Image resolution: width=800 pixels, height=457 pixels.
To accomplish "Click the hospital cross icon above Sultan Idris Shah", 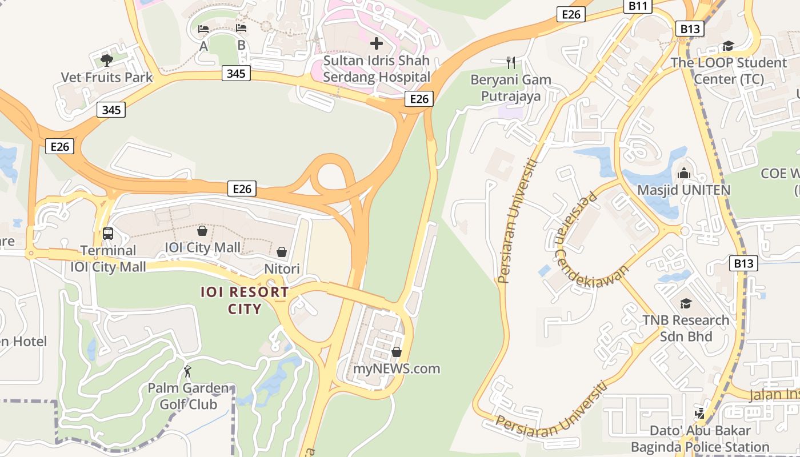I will point(376,43).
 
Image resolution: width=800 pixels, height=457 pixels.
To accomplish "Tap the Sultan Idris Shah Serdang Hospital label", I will point(377,69).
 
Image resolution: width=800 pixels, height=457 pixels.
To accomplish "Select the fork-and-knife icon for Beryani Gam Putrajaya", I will point(511,62).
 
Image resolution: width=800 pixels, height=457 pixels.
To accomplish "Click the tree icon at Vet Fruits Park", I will point(106,60).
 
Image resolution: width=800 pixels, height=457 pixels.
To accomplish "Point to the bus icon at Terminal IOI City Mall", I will point(107,233).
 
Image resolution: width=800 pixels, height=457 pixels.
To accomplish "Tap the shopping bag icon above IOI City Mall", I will point(202,231).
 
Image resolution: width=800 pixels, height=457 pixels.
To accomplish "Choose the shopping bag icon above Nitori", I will point(282,252).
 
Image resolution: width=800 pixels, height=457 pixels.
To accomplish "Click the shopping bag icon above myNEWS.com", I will point(397,352).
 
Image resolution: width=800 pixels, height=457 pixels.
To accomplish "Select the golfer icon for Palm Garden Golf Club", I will point(187,371).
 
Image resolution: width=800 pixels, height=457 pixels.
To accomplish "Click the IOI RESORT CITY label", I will point(245,300).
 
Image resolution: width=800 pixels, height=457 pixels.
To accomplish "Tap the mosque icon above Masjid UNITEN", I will point(683,173).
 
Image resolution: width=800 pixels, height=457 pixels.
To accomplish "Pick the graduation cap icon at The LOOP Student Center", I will point(728,46).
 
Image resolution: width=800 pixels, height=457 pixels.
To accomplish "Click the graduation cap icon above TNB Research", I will point(686,303).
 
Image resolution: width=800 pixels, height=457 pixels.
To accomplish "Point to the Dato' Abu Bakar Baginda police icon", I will point(699,412).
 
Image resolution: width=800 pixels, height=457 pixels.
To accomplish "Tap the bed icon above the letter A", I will point(203,29).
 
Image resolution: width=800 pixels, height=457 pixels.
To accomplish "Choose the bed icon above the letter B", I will point(241,27).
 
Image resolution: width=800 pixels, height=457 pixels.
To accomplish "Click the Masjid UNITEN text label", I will point(683,190).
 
